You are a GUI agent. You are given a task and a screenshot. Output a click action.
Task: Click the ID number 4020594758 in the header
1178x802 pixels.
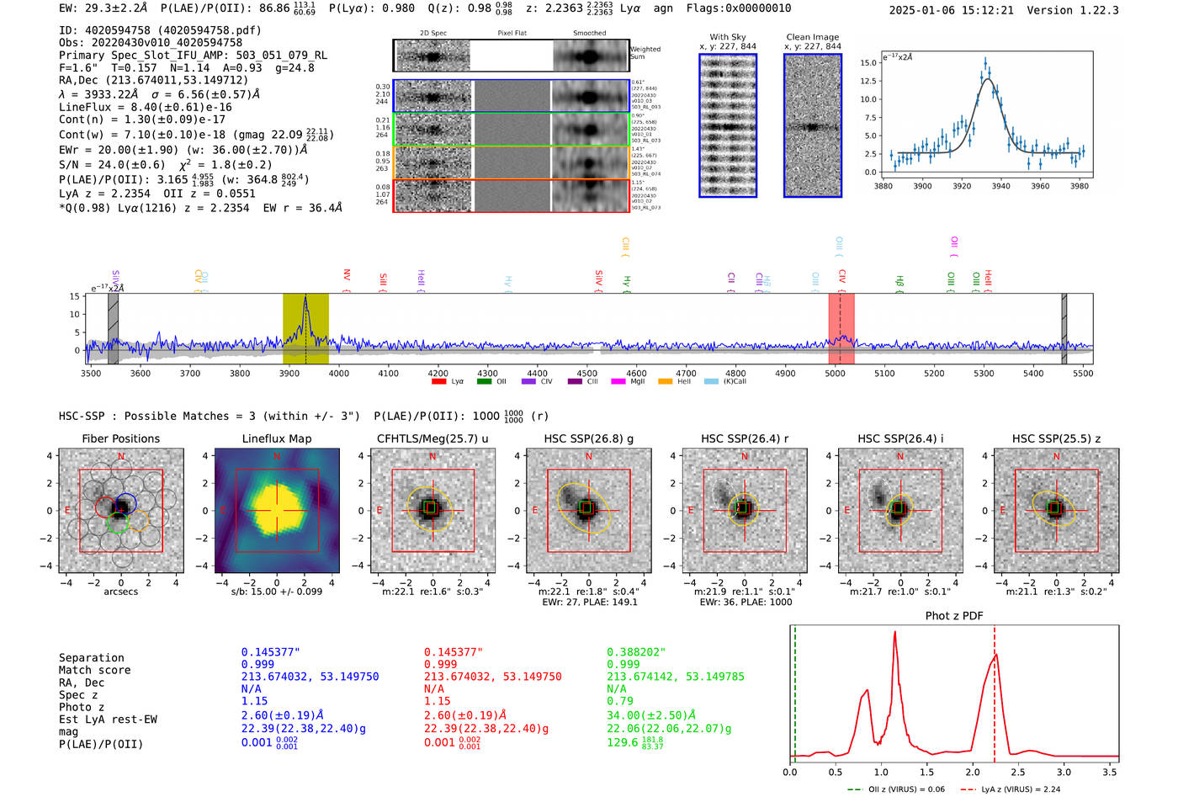pos(117,30)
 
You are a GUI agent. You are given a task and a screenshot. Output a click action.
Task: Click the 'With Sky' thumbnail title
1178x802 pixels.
pos(728,37)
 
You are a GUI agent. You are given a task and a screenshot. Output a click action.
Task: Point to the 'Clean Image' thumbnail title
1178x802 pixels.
pos(812,37)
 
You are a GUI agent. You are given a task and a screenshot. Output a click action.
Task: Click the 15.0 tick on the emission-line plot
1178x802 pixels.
pos(868,63)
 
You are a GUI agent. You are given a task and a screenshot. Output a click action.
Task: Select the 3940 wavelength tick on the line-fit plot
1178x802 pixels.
pos(1000,186)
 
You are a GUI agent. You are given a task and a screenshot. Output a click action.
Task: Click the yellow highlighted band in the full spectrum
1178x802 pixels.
pos(305,328)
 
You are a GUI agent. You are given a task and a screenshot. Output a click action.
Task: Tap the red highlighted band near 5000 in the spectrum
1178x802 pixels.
pos(841,328)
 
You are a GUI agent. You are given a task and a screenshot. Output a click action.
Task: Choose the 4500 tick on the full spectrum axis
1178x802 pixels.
pos(586,374)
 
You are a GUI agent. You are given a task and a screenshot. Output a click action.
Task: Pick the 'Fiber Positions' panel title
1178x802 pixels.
pos(120,438)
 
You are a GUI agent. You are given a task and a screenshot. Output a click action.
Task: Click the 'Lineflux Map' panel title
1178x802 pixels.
pos(276,438)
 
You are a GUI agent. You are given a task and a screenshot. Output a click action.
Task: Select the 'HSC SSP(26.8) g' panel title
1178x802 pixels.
pos(588,438)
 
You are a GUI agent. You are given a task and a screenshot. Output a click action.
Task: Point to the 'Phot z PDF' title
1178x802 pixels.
pos(953,616)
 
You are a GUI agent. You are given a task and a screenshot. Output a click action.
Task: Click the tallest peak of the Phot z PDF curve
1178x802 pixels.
pos(894,632)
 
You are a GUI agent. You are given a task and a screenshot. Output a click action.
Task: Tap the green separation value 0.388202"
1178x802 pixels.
pos(635,652)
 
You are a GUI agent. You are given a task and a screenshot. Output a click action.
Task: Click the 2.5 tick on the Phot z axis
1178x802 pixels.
pos(1018,772)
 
